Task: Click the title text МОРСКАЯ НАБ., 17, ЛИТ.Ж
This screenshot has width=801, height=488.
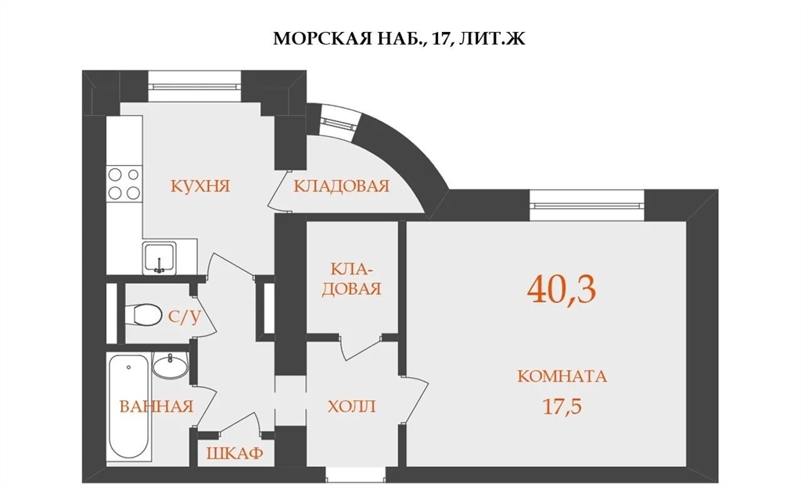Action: (x=399, y=39)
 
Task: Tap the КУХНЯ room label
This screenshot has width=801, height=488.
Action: (x=200, y=186)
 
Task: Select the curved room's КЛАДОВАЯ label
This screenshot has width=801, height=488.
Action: (x=341, y=186)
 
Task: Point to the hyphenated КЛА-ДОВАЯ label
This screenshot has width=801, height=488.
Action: (x=352, y=278)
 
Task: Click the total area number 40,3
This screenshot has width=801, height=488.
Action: (x=562, y=289)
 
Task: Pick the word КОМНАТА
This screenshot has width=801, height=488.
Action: (x=562, y=376)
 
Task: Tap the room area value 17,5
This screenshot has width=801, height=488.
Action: (x=562, y=407)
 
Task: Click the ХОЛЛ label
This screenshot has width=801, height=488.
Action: (x=351, y=407)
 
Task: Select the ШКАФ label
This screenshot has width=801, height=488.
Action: (x=235, y=453)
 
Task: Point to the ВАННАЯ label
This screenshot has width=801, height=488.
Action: (x=156, y=407)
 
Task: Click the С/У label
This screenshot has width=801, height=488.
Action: (x=185, y=318)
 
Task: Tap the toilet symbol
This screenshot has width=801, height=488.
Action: (x=142, y=314)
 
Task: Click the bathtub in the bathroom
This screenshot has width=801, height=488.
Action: (x=130, y=407)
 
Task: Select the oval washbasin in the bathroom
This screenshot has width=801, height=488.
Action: (x=171, y=366)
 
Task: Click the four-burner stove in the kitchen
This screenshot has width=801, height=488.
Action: (x=124, y=184)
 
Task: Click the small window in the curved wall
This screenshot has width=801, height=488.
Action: (x=338, y=123)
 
